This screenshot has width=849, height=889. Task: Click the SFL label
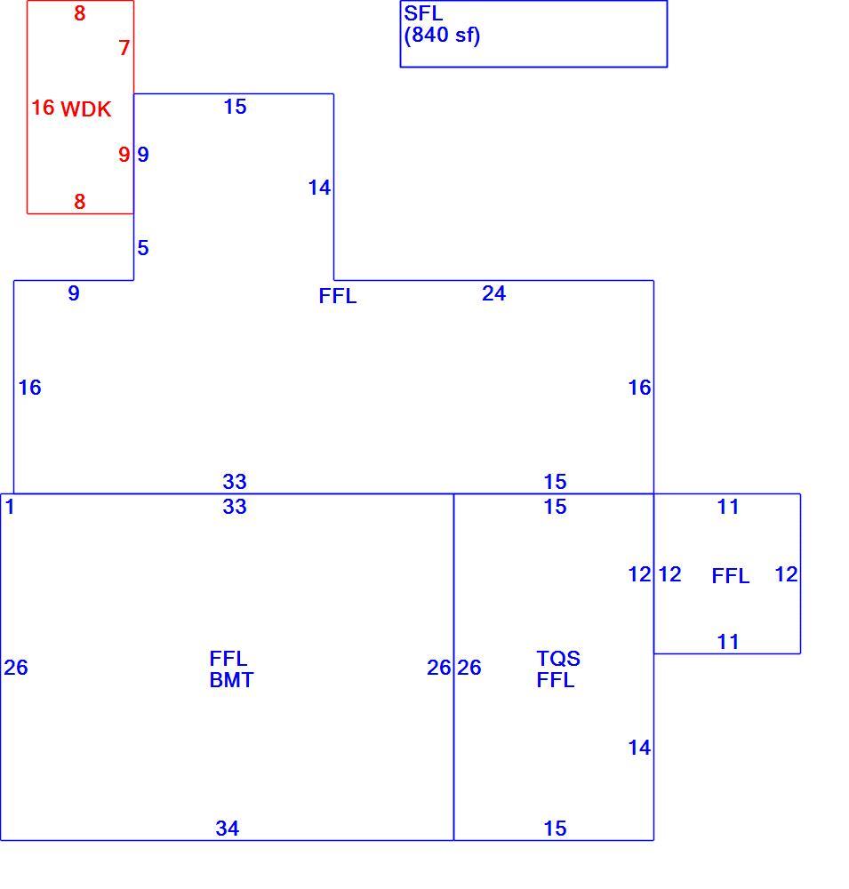(422, 13)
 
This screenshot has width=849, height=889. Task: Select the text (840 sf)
(442, 36)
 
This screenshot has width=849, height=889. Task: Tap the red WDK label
(85, 108)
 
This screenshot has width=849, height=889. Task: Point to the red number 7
(124, 48)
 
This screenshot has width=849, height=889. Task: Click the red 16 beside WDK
(43, 108)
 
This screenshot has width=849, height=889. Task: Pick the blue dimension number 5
(143, 248)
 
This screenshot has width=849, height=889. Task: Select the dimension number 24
(493, 293)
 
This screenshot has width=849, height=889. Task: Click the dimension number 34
(228, 829)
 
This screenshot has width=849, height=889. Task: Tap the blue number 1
(10, 507)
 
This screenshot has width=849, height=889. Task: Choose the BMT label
(231, 680)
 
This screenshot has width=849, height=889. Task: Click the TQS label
(558, 658)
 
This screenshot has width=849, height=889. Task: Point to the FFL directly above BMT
(228, 658)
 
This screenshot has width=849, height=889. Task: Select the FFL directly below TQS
(556, 680)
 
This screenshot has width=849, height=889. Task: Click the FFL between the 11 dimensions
(731, 576)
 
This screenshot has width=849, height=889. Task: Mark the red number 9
(124, 154)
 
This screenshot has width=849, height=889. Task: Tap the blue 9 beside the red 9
(143, 154)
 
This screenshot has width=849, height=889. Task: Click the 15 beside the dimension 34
(555, 829)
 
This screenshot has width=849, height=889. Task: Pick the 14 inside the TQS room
(639, 748)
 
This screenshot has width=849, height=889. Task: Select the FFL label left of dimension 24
(338, 296)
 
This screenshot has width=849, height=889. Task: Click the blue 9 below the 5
(74, 293)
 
